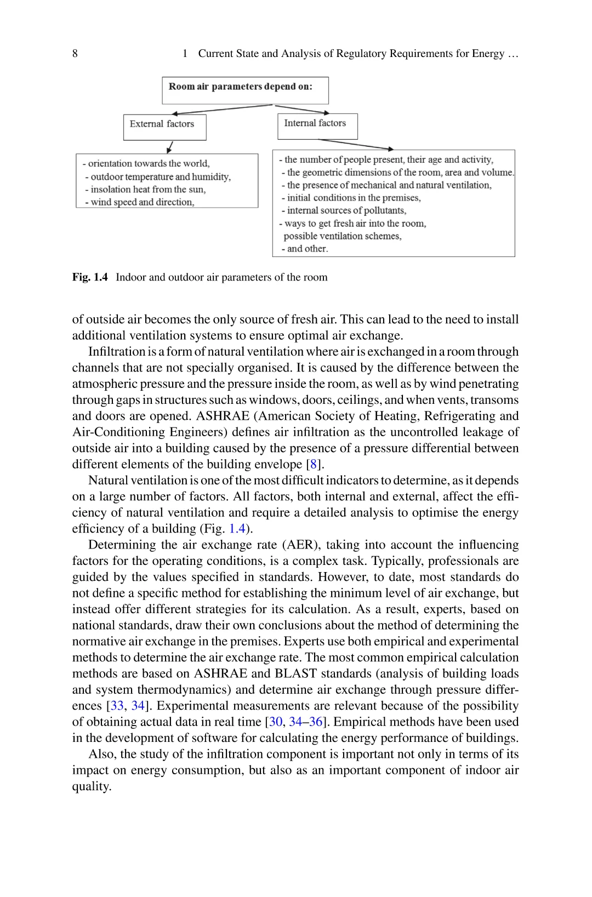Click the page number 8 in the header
pyautogui.click(x=75, y=54)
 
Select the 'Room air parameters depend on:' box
pyautogui.click(x=245, y=90)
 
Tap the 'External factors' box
pyautogui.click(x=164, y=127)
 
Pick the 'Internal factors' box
pyautogui.click(x=317, y=126)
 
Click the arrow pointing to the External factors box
pyautogui.click(x=219, y=110)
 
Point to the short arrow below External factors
pyautogui.click(x=170, y=147)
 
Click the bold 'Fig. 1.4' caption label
pyautogui.click(x=90, y=277)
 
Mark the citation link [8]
pyautogui.click(x=314, y=465)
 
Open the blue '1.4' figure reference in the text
pyautogui.click(x=237, y=529)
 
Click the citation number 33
pyautogui.click(x=117, y=706)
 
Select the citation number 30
pyautogui.click(x=276, y=722)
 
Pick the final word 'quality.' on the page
pyautogui.click(x=92, y=786)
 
